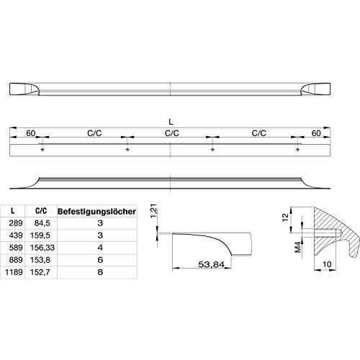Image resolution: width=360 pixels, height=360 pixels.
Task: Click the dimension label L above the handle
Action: click(x=171, y=122)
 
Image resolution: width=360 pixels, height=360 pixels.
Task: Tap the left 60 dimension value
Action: click(x=30, y=133)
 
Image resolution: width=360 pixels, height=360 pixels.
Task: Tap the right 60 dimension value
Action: click(x=316, y=133)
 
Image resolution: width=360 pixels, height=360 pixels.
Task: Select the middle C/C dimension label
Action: click(x=172, y=133)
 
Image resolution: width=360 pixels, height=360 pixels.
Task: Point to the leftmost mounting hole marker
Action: click(x=42, y=150)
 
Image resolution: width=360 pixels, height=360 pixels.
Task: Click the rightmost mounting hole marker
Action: click(x=297, y=150)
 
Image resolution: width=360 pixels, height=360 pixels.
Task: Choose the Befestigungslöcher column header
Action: click(x=96, y=212)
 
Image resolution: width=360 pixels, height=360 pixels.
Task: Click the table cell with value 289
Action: click(x=16, y=223)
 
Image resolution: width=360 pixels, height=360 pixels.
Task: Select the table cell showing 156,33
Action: click(x=42, y=248)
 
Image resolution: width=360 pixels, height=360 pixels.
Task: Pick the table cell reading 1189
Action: click(x=14, y=272)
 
